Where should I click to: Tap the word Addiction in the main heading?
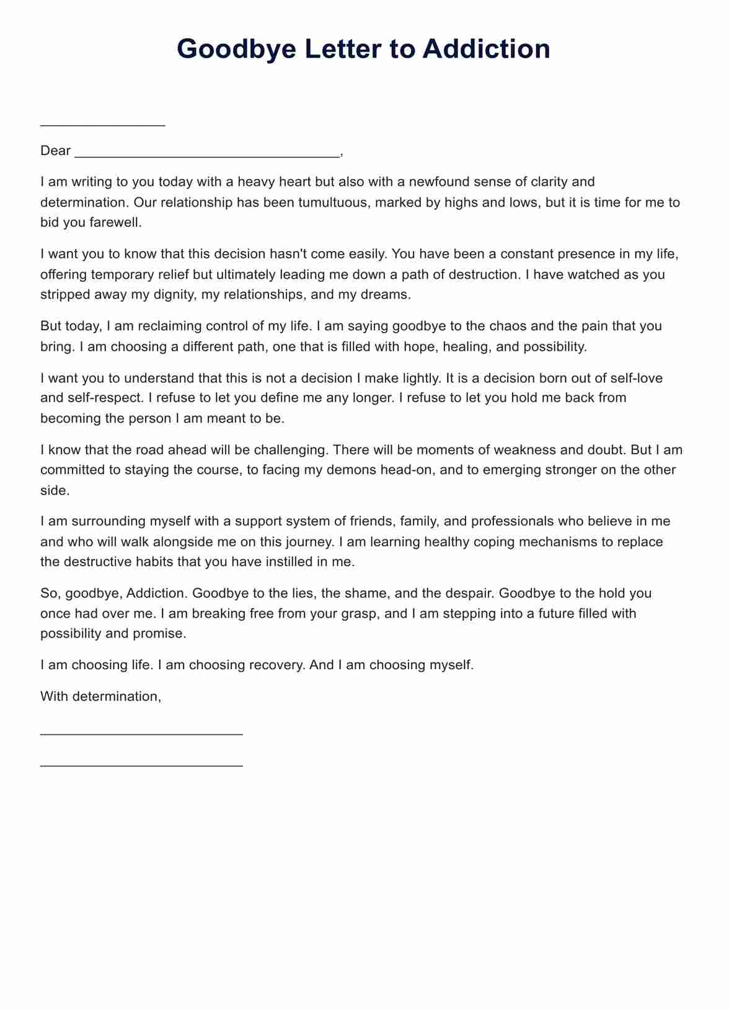point(486,49)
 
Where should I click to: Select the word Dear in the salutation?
point(55,151)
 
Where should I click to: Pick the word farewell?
point(115,222)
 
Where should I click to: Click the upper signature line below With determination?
point(141,734)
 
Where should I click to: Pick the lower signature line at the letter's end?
point(141,766)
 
